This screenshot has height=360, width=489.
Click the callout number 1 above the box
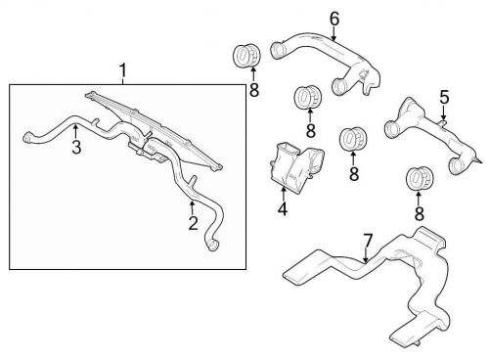tap(122, 70)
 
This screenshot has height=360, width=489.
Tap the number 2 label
tap(194, 223)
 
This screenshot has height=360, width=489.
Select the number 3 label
tap(76, 147)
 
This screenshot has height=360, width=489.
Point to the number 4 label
tap(283, 208)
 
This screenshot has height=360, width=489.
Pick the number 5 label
tap(444, 97)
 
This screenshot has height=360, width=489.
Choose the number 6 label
tap(334, 19)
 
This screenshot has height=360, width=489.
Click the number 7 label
tap(368, 241)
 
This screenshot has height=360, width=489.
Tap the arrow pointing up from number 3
tap(75, 132)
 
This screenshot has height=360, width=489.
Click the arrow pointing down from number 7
tap(367, 255)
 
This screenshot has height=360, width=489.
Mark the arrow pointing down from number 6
tap(333, 33)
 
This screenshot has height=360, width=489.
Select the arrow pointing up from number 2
tap(193, 208)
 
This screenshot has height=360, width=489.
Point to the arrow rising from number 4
tap(284, 194)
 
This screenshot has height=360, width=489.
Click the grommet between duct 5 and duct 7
tap(419, 179)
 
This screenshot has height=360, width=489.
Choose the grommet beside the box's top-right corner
tap(246, 55)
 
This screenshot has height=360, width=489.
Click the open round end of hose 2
tap(212, 245)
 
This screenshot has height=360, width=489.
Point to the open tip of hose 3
tap(27, 137)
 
